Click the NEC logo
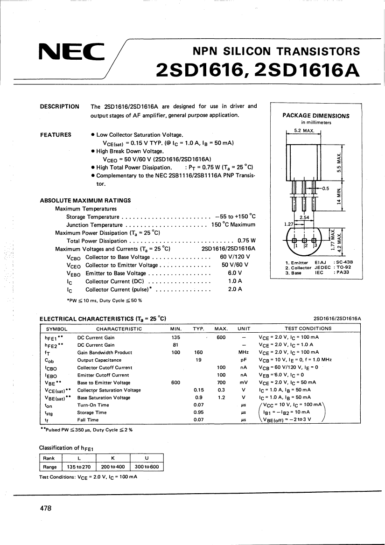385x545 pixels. click(x=72, y=52)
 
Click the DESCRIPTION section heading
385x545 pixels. click(x=60, y=106)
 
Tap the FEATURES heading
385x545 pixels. click(x=56, y=135)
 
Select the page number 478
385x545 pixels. click(x=46, y=508)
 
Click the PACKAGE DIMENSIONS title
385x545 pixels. click(x=316, y=116)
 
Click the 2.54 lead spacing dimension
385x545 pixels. click(x=304, y=217)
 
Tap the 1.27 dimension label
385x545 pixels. click(x=289, y=224)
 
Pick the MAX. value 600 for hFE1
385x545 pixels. click(x=222, y=337)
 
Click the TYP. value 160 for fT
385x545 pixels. click(x=198, y=352)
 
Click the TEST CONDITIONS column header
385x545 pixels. click(x=308, y=328)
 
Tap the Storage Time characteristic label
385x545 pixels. click(x=92, y=412)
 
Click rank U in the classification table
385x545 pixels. click(x=147, y=458)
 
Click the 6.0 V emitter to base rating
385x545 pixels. click(x=235, y=273)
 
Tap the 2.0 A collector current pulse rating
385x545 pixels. click(x=235, y=289)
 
